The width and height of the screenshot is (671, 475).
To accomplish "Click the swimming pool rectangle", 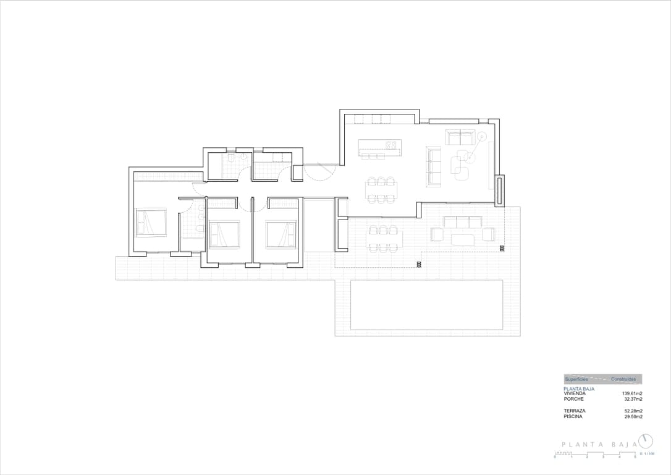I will [x=426, y=305].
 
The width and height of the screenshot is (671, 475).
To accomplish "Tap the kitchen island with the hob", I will [x=380, y=146].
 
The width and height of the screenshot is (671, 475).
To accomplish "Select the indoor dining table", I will [x=381, y=190].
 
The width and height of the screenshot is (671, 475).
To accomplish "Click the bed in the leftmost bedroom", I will [x=152, y=223].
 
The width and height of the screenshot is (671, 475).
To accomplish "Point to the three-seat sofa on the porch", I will [x=463, y=222].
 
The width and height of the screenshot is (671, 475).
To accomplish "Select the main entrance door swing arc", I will [x=321, y=172].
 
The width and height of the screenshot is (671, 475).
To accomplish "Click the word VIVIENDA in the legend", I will [x=575, y=393].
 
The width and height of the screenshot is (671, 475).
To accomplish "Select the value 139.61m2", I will [x=631, y=393].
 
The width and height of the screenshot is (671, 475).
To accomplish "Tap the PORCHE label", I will [x=573, y=399].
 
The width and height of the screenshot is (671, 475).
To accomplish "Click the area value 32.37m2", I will [x=633, y=399].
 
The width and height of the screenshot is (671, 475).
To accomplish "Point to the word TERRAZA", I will [x=575, y=411].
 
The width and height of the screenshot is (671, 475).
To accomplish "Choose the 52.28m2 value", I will [x=633, y=411].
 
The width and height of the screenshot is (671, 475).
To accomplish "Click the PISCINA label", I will [x=573, y=416].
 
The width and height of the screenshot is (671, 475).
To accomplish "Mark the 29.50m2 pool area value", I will [x=633, y=416].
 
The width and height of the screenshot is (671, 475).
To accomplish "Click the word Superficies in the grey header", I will [x=576, y=379].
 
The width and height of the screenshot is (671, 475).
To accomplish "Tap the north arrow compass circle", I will [x=646, y=441].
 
